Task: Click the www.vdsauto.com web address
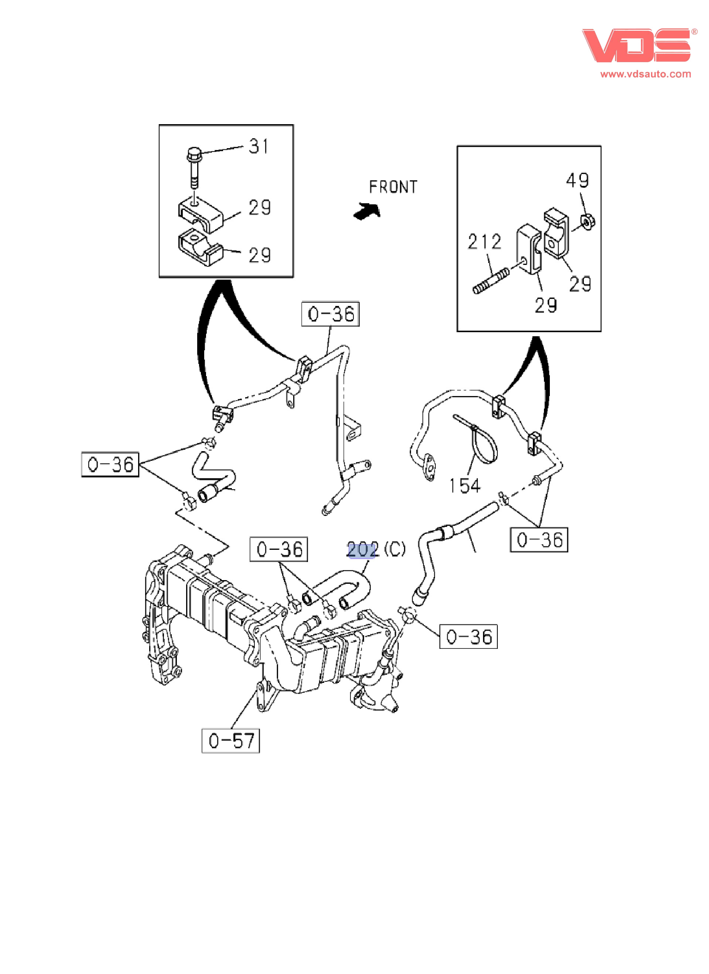click(645, 74)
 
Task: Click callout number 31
click(259, 146)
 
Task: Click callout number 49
click(577, 180)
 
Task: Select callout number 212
click(484, 242)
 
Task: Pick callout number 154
click(465, 486)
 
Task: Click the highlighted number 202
click(362, 550)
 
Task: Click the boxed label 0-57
click(231, 741)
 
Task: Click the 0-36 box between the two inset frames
click(330, 314)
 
